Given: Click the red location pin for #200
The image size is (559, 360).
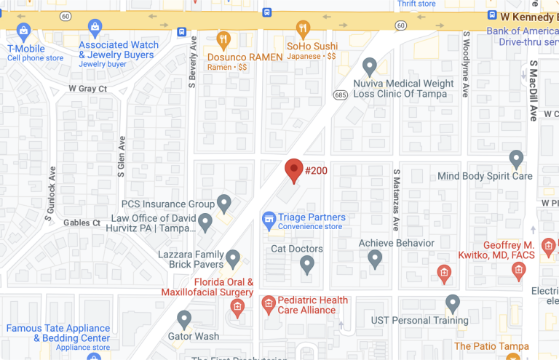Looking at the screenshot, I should click(x=293, y=169).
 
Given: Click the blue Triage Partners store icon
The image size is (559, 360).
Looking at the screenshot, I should click(x=269, y=218).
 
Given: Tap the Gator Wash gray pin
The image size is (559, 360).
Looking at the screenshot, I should click(x=184, y=319).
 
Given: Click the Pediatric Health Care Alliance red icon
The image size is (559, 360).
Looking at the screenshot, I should click(x=268, y=303).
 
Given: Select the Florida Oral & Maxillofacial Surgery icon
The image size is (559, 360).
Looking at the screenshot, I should click(x=237, y=308).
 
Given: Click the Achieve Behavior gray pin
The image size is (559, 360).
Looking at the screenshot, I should click(x=375, y=258).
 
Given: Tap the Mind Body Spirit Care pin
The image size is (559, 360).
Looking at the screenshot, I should click(x=516, y=159).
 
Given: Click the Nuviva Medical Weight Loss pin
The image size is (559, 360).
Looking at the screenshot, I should click(x=369, y=67).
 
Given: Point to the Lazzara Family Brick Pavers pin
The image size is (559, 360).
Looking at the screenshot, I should click(x=233, y=258).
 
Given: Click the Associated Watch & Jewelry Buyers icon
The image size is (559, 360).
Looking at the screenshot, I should click(x=95, y=28).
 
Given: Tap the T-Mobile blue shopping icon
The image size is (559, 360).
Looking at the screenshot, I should click(x=23, y=31).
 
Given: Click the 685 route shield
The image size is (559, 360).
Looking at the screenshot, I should click(x=340, y=95).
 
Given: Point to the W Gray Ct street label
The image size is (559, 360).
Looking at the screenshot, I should click(x=87, y=89).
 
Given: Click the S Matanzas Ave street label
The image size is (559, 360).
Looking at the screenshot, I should click(x=397, y=201).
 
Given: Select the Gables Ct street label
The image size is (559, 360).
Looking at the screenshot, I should click(x=82, y=223).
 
